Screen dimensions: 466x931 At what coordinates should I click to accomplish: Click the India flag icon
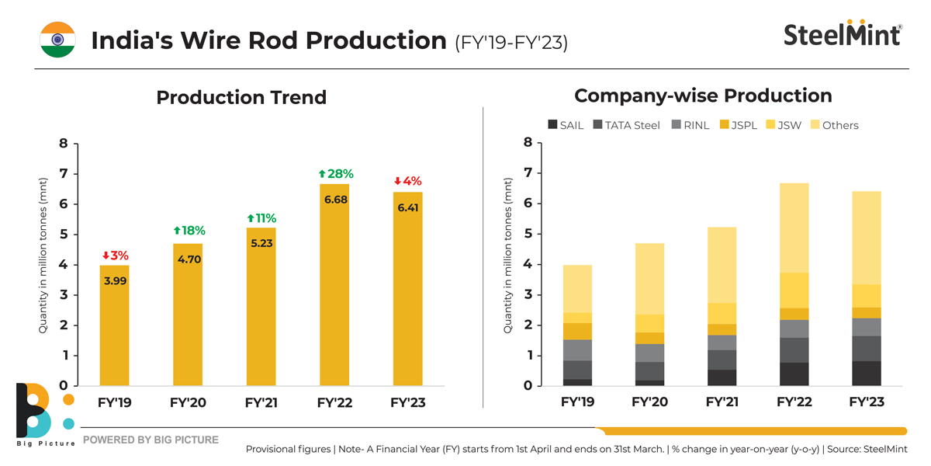click(57, 40)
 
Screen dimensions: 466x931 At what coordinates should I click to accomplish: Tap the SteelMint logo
click(843, 35)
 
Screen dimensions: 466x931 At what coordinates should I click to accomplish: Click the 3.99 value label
click(115, 280)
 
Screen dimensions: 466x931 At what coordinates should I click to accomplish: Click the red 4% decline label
click(407, 181)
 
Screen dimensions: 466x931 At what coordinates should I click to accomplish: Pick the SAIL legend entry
click(566, 125)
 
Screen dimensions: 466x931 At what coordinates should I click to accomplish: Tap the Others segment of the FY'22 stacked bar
click(794, 228)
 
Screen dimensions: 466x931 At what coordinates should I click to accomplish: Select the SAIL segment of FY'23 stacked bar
click(867, 374)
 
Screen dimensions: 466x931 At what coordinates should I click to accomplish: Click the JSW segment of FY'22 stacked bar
click(794, 290)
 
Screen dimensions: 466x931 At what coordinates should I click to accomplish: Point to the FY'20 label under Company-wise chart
click(649, 402)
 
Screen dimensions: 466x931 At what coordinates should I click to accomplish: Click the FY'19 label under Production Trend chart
click(115, 403)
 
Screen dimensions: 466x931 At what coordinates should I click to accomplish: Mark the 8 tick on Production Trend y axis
click(64, 144)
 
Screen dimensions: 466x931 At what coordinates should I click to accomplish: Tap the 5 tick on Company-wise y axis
click(528, 234)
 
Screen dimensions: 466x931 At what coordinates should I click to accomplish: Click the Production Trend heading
click(241, 97)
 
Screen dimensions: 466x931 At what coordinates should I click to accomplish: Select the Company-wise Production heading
click(703, 96)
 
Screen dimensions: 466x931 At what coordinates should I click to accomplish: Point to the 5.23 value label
click(261, 243)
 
